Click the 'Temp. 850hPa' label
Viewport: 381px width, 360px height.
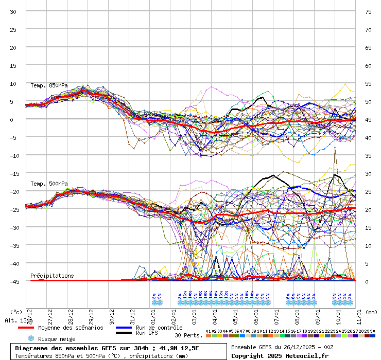point(49,85)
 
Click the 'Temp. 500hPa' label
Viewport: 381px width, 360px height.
point(49,184)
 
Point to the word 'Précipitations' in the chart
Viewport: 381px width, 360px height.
point(52,276)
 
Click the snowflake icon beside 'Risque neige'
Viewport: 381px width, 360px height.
point(31,338)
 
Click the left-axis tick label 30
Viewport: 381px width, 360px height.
point(13,11)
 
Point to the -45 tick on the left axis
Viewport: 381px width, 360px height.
point(13,281)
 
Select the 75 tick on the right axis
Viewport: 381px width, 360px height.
point(368,11)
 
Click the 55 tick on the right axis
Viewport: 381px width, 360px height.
point(368,83)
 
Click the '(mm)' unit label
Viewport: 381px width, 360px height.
point(372,312)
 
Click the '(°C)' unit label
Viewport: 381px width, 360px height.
point(16,312)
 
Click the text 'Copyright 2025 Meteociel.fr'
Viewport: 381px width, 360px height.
point(272,355)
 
